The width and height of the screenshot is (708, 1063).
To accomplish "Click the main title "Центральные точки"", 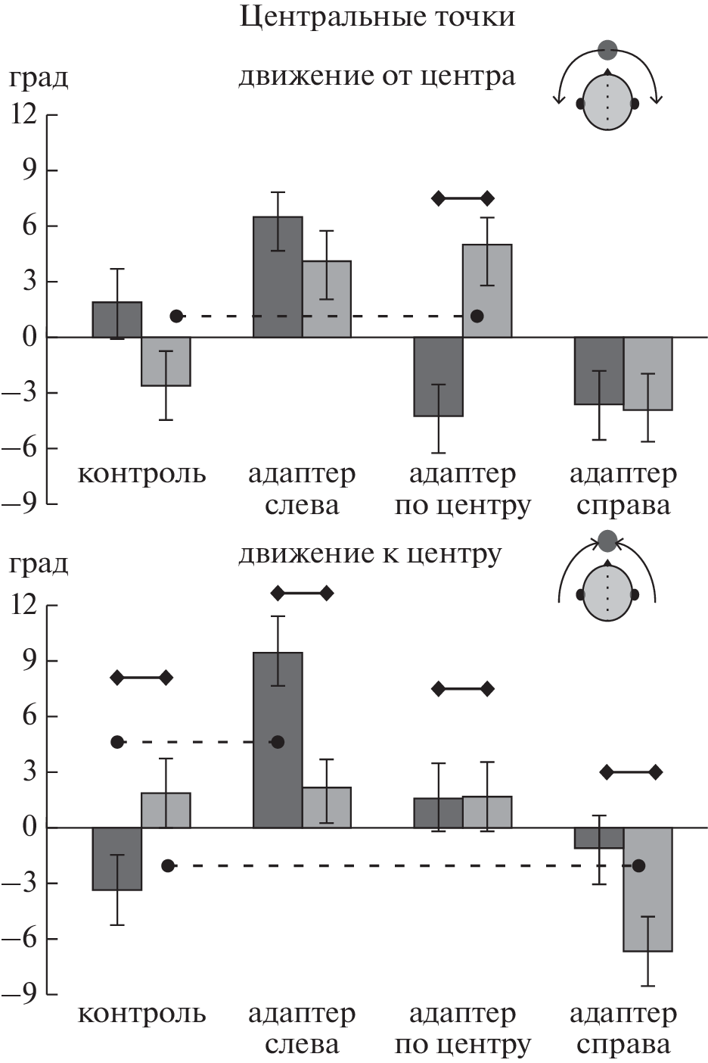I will pos(377,17).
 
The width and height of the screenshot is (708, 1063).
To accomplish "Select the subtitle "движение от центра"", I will pos(377,76).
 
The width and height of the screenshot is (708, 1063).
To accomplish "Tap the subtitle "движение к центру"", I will pos(370,554).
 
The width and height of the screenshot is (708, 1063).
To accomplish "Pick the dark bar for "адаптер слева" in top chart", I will pos(278,276).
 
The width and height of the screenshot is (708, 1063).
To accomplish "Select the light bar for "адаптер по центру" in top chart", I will pos(487,290).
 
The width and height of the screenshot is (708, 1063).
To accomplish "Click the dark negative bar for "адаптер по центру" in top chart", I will pos(439,376).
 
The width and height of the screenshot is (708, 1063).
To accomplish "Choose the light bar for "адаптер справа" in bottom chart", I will pos(647,889).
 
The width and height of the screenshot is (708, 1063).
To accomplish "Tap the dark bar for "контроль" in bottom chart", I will pos(117,859).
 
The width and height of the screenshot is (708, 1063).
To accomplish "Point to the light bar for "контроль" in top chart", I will pos(166,361).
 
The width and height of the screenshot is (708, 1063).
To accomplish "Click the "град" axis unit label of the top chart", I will pos(38,78).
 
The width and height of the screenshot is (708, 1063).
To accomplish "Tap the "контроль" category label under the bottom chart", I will pos(141,1014).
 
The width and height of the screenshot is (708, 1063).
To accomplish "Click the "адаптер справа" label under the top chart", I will pos(623,489).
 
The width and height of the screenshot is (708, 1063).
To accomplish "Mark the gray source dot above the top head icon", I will pos(607,51).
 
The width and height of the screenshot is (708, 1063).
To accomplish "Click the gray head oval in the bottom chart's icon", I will pos(607,593).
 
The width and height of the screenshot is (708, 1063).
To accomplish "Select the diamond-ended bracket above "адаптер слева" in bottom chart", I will pos(302,594).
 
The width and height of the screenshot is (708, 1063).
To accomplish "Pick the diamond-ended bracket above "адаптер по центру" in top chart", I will pos(462,198).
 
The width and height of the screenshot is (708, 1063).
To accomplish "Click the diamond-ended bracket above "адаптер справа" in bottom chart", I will pos(631,772).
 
